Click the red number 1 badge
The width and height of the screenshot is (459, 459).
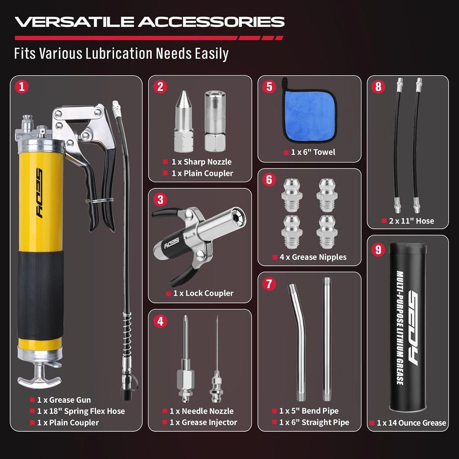click(x=22, y=87)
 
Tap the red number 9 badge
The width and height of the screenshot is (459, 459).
click(x=378, y=250)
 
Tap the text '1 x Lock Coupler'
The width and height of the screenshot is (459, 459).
click(x=203, y=293)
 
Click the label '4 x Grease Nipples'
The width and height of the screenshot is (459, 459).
click(x=313, y=257)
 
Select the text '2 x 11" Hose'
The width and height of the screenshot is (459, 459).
click(x=411, y=221)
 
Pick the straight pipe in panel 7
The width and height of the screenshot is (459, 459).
click(x=327, y=340)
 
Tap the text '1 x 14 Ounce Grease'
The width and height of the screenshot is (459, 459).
click(x=411, y=423)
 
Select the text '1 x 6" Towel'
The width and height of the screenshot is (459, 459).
click(x=313, y=152)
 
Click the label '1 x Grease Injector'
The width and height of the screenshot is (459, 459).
click(x=203, y=422)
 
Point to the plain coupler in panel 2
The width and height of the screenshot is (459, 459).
click(x=215, y=121)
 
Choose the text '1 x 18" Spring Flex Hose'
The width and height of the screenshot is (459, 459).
click(x=81, y=411)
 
